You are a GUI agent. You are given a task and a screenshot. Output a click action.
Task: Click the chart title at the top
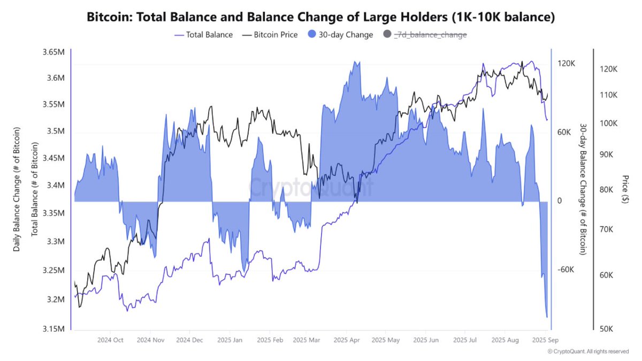click(x=321, y=17)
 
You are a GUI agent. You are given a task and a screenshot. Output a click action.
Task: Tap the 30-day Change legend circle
click(x=314, y=35)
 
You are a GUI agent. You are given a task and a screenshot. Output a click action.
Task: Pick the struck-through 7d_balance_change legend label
click(x=430, y=35)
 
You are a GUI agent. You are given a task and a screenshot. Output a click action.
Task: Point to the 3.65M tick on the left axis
click(x=53, y=52)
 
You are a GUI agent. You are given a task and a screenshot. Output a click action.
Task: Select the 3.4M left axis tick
click(x=55, y=186)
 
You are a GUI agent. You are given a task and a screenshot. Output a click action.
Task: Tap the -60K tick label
click(x=565, y=270)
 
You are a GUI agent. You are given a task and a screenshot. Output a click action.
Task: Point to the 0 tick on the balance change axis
click(x=559, y=201)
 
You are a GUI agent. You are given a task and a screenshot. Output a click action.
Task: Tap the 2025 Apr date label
click(x=347, y=340)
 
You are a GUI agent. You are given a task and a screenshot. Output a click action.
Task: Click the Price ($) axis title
click(x=625, y=189)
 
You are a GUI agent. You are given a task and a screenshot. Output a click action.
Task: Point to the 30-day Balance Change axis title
click(x=583, y=189)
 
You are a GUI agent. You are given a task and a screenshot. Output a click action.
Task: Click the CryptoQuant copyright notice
click(x=588, y=351)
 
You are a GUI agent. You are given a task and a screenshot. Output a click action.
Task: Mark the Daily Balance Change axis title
click(x=17, y=189)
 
